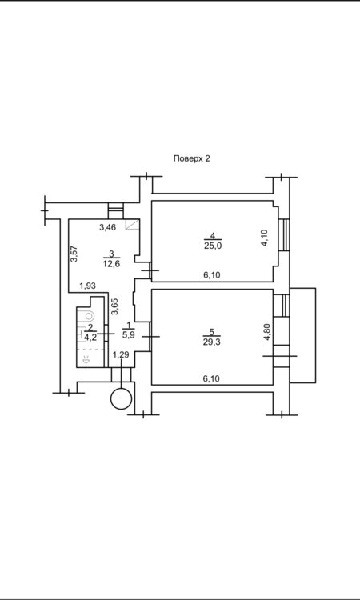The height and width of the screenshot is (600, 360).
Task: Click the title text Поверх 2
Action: tap(192, 158)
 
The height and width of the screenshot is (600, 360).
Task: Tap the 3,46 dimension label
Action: tap(107, 228)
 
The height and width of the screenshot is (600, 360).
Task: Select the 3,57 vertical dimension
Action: tap(74, 254)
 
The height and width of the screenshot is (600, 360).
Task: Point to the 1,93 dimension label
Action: tap(88, 285)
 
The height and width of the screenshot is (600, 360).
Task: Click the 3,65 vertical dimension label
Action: tap(114, 306)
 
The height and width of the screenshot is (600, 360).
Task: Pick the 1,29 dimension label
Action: tap(121, 354)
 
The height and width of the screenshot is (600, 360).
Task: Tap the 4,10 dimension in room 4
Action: tap(265, 238)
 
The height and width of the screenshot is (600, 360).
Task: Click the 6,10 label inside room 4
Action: tap(211, 274)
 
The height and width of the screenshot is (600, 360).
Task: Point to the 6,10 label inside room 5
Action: tap(211, 378)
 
